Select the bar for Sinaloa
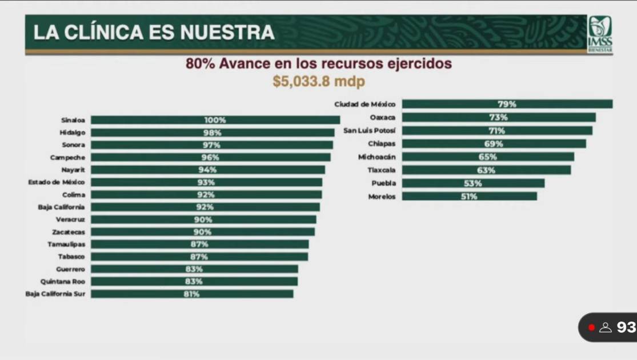coord(215,120)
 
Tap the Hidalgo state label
coord(73,133)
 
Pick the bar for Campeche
coord(210,157)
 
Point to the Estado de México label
coord(57,182)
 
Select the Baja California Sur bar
coord(192,294)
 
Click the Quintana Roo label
coord(62,282)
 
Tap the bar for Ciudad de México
coord(507,104)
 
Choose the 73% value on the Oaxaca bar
coord(498,117)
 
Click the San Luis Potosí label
coord(368,130)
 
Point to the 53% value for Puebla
coord(472,183)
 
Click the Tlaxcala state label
coord(381,170)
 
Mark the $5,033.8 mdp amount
coord(319,81)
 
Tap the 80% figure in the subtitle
coord(200,63)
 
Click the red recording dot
coord(591,327)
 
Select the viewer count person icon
coord(605,327)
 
